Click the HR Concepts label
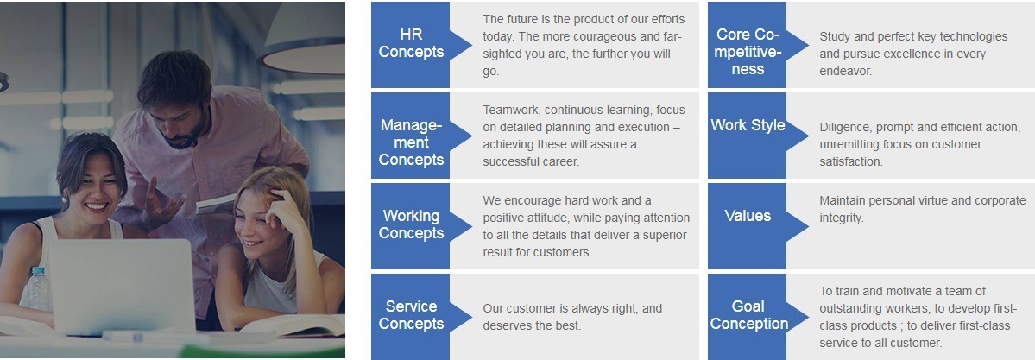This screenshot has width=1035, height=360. coord(411,43)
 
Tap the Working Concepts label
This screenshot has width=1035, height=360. coord(411,224)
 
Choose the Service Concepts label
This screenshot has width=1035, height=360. coord(411,315)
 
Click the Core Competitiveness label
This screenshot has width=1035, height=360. coord(748,52)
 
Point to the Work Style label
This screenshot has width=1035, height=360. coord(748,125)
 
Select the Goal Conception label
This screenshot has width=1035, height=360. coord(748,315)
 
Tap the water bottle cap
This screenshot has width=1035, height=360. coord(37,271)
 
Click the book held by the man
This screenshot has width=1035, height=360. coord(217,204)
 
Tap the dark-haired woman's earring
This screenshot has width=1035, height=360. coord(64,199)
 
